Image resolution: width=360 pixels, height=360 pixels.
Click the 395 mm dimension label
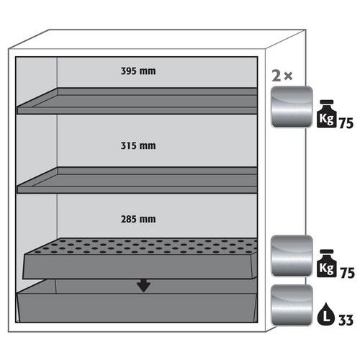138,71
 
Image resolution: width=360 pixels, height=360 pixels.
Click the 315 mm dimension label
138,145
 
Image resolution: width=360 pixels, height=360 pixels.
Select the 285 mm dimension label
138,219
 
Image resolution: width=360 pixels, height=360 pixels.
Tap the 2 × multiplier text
282,76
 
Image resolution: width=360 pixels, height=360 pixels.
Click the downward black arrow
144,285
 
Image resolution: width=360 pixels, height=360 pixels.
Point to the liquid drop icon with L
326,314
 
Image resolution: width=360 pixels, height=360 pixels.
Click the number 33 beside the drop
346,320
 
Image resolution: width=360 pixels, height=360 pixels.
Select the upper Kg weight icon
326,114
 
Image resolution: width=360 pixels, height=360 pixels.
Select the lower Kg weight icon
326,264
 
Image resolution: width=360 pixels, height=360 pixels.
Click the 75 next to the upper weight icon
346,123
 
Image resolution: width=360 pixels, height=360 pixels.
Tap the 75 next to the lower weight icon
347,273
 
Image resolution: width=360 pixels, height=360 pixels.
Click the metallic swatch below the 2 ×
292,107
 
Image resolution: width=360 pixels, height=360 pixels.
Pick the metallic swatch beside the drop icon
292,305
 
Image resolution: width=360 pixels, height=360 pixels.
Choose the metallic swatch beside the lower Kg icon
292,256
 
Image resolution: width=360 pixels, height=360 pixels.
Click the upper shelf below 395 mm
138,101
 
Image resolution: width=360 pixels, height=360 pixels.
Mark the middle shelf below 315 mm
138,181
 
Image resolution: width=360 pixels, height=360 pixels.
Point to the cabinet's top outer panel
157,40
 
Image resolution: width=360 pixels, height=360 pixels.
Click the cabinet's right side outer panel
286,182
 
